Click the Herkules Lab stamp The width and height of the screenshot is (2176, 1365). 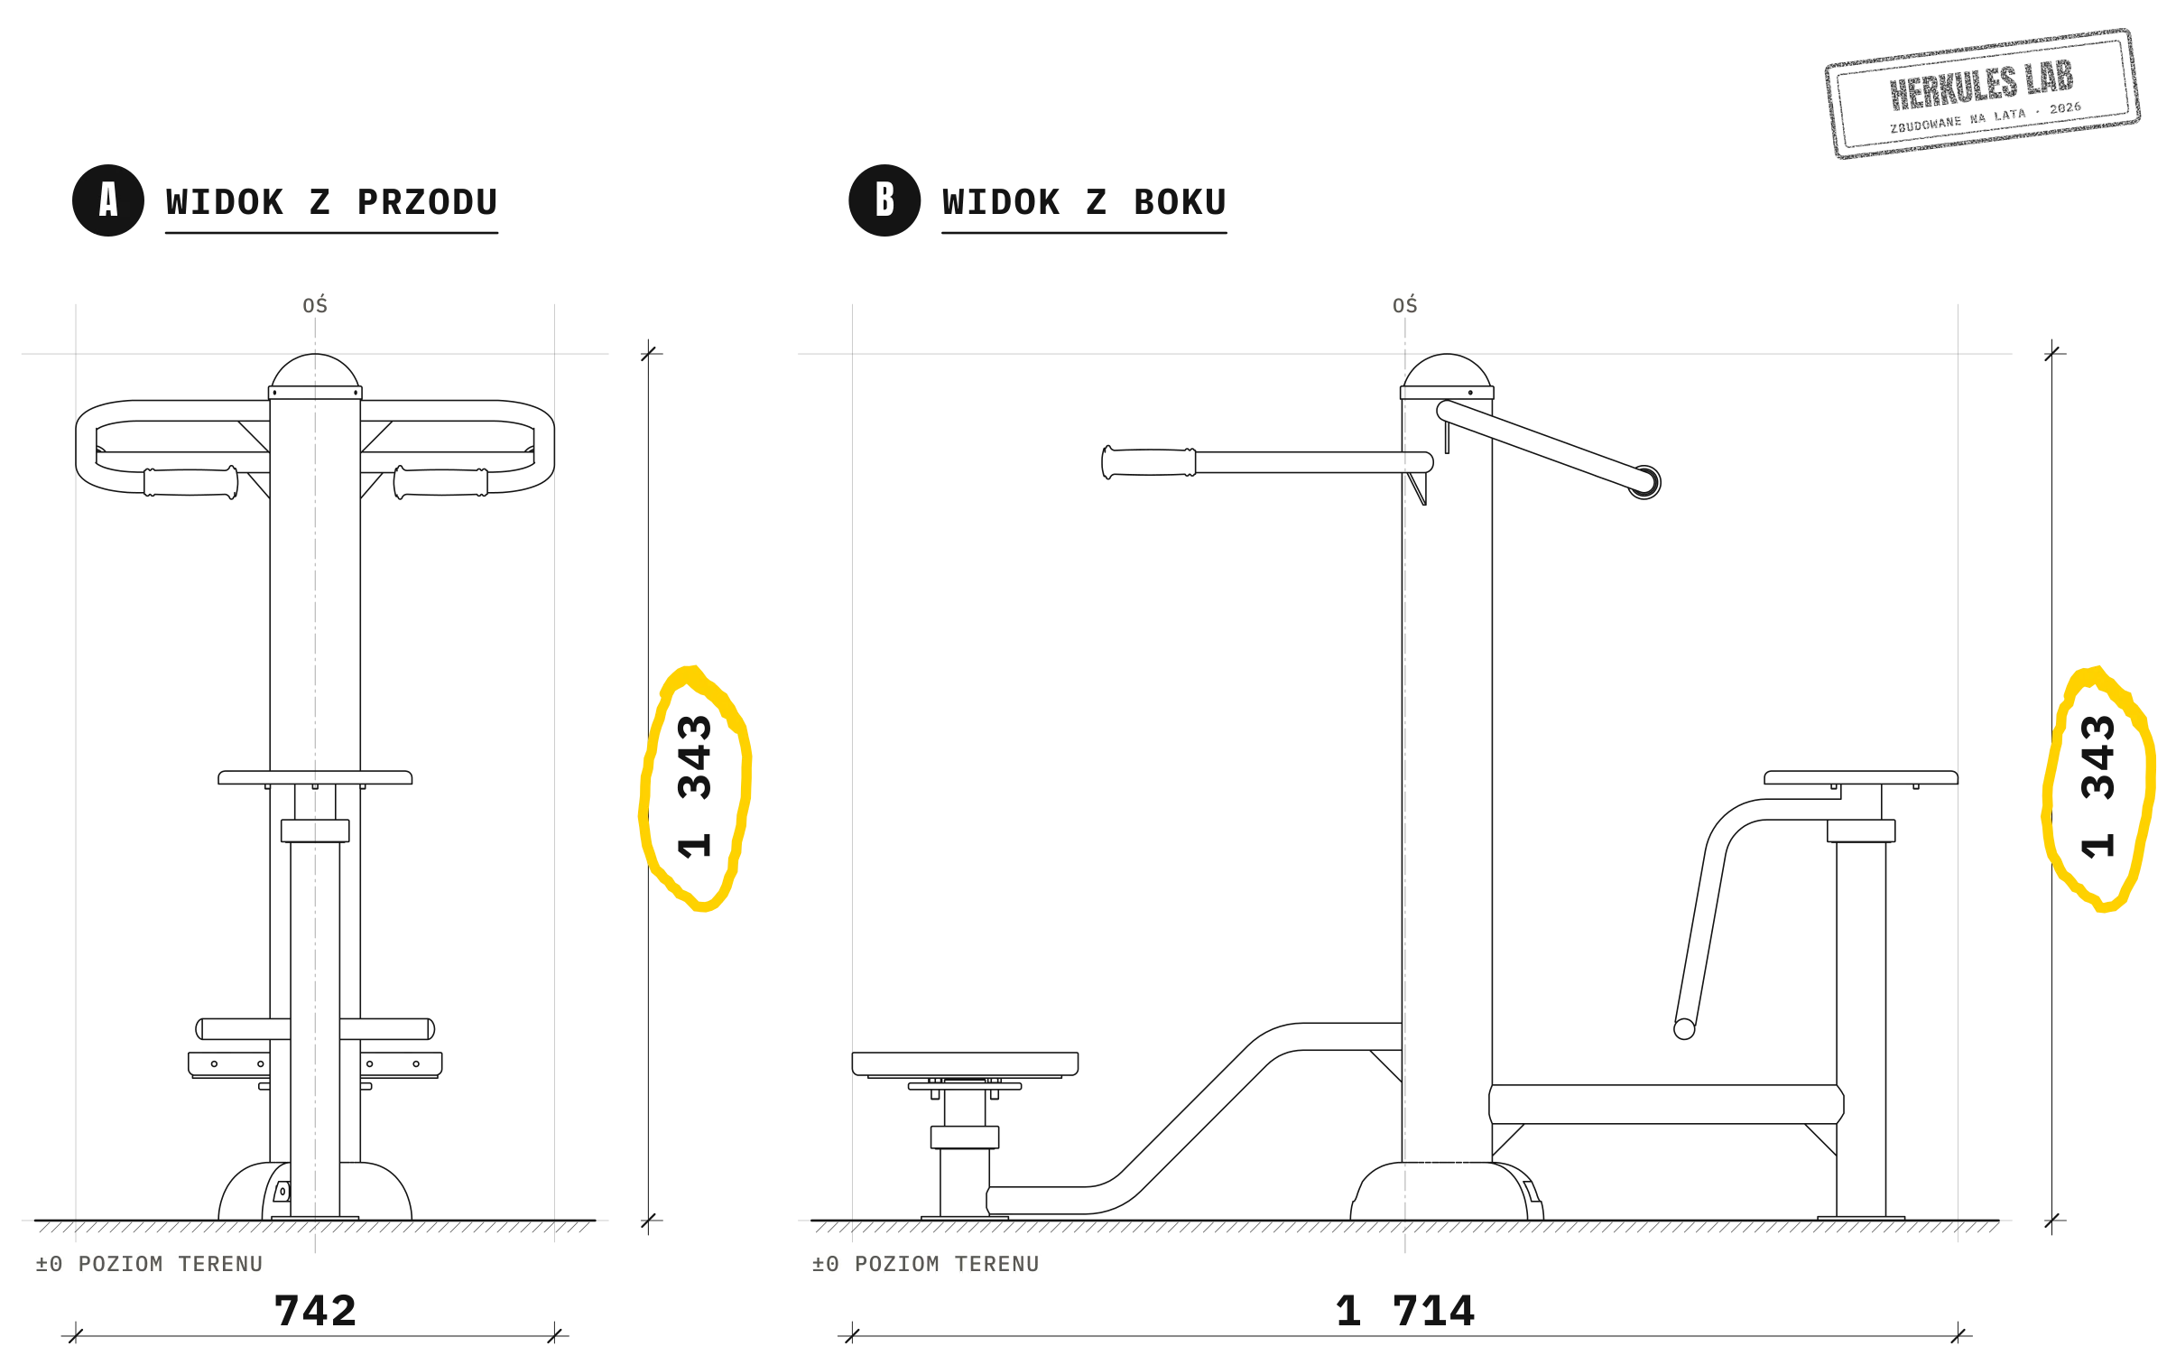point(1982,94)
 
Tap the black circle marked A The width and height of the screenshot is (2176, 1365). point(108,200)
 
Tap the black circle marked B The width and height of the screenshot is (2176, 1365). point(884,200)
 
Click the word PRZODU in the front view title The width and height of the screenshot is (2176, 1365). point(428,202)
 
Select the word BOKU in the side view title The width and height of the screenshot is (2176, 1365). point(1181,202)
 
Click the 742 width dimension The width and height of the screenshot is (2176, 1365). point(316,1311)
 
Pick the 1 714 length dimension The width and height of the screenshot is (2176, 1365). point(1405,1311)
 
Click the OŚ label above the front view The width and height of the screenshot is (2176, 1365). point(315,305)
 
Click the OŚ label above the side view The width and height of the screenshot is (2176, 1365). point(1405,305)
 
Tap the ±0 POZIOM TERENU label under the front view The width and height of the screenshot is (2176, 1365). point(150,1264)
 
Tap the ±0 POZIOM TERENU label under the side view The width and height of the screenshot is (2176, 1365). point(926,1264)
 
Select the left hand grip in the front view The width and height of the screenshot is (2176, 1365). point(190,482)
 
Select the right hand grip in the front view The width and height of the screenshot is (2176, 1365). point(441,482)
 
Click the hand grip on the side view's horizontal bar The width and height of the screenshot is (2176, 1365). point(1149,462)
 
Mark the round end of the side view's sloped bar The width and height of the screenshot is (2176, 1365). point(1644,482)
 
